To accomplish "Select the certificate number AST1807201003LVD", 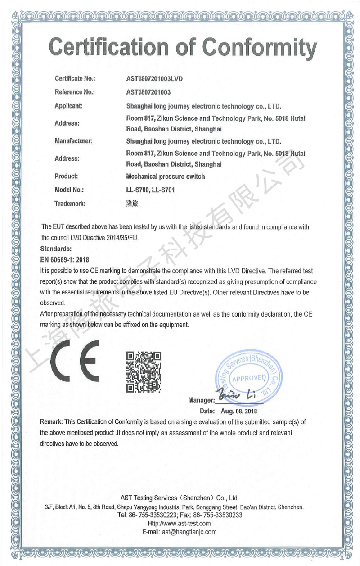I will point(155,79).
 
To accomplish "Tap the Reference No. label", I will point(74,92).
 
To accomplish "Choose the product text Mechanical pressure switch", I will point(166,177).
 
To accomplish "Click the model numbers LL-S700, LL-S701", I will point(150,190).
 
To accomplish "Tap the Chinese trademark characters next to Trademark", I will point(133,204).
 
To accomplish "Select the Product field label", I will point(66,177).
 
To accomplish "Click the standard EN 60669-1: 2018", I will point(65,259).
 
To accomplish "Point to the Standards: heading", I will point(56,248).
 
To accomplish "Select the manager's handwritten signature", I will point(237,397).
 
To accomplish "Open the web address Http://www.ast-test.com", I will point(180,524).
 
